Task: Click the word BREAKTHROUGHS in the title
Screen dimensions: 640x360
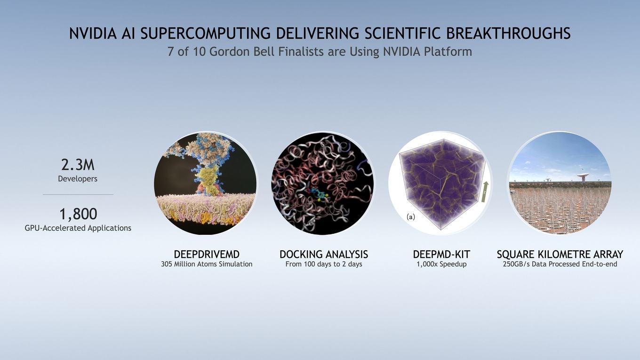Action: coord(508,33)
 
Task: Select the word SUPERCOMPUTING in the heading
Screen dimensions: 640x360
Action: coord(206,33)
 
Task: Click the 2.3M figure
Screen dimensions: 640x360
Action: coord(78,165)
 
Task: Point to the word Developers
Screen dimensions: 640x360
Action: coord(78,179)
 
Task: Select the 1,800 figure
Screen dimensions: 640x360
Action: coord(78,214)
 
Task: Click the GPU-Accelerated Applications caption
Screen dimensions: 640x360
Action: coord(78,228)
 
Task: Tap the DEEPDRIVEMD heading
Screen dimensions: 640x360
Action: coord(207,254)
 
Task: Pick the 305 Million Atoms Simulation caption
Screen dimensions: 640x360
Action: coord(207,264)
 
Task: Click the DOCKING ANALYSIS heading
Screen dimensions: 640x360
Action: coord(324,254)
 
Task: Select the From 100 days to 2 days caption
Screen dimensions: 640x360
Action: coord(324,264)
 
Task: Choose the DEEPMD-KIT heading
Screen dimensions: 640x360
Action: coord(441,254)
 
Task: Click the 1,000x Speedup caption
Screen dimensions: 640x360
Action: coord(441,264)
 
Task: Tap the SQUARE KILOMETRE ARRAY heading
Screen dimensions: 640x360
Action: coord(560,254)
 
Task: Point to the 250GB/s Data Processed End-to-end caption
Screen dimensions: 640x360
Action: coord(560,264)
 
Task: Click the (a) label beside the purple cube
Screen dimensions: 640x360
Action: coord(410,217)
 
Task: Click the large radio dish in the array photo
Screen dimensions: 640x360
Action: coord(583,177)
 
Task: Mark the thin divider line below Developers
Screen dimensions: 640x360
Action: coord(78,194)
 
